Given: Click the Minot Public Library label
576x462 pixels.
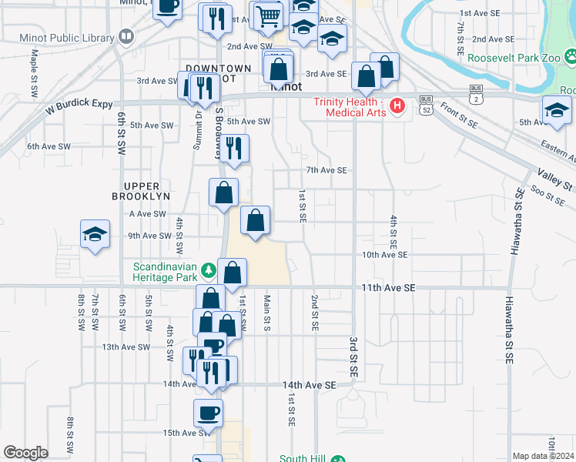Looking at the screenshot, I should (x=59, y=36).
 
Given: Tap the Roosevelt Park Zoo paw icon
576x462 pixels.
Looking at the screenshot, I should (x=571, y=56).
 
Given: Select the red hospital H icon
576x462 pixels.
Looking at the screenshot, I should (x=397, y=106).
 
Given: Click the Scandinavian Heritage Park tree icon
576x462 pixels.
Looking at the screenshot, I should (x=208, y=270).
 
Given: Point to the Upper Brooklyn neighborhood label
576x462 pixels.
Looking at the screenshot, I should (x=146, y=191).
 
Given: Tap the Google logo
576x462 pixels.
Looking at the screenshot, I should (x=25, y=453).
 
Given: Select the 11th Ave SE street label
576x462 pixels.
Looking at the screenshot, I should (x=388, y=287).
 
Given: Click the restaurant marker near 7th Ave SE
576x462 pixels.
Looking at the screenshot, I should (x=236, y=148).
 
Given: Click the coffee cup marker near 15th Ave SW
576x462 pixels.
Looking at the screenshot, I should (x=208, y=412).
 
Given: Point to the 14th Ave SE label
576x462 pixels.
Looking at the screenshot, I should (x=310, y=384).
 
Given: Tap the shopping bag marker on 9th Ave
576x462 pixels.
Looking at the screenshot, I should (x=255, y=220).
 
